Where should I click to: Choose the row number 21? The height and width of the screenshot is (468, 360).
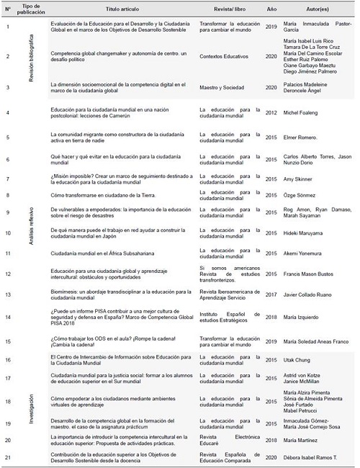(x=7, y=458)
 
